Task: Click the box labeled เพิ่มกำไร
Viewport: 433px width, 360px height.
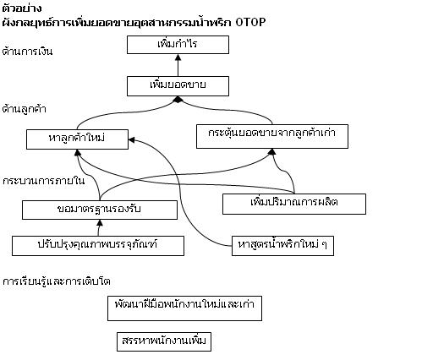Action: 178,45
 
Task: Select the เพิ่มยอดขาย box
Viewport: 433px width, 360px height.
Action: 178,86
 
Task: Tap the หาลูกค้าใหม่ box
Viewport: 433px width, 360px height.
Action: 77,139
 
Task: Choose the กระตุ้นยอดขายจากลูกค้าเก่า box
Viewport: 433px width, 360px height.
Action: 272,136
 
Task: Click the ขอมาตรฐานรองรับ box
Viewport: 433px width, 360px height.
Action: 100,210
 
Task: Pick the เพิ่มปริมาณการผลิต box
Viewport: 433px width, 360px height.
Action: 294,204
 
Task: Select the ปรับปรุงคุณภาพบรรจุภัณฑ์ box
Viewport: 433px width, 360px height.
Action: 98,246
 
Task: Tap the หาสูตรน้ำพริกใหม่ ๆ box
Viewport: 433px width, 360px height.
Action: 282,246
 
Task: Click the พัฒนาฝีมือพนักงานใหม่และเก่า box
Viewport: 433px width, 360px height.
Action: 185,308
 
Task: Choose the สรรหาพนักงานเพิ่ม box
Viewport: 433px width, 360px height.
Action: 164,341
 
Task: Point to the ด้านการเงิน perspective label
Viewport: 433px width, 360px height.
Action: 27,52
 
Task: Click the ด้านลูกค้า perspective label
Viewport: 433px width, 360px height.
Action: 24,109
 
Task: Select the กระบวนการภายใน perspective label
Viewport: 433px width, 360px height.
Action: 44,181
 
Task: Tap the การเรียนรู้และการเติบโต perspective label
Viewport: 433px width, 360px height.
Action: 57,281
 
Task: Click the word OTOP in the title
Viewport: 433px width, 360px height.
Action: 250,22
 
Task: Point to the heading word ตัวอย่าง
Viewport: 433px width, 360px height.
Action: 22,8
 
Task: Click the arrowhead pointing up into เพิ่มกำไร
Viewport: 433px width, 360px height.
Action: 178,57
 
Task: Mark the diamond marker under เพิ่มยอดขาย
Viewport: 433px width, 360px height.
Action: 178,100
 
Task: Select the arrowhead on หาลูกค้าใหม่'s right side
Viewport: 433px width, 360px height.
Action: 132,139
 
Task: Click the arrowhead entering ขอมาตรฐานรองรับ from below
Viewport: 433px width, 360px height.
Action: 100,223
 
